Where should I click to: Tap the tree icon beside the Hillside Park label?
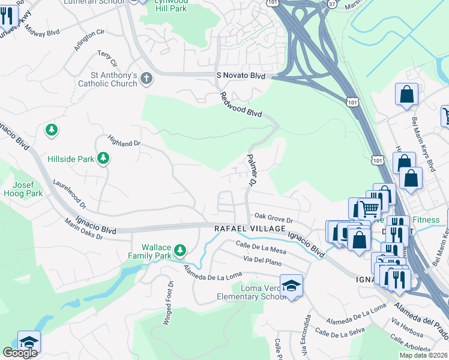[104, 158]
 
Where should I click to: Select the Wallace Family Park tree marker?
[179, 250]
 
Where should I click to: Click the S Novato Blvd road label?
[240, 76]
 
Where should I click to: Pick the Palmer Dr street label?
[252, 169]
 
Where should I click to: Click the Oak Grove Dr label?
[273, 219]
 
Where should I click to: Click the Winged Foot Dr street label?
[168, 303]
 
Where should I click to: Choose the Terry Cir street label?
[108, 59]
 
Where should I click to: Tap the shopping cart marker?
[369, 209]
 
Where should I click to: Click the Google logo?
[20, 353]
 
